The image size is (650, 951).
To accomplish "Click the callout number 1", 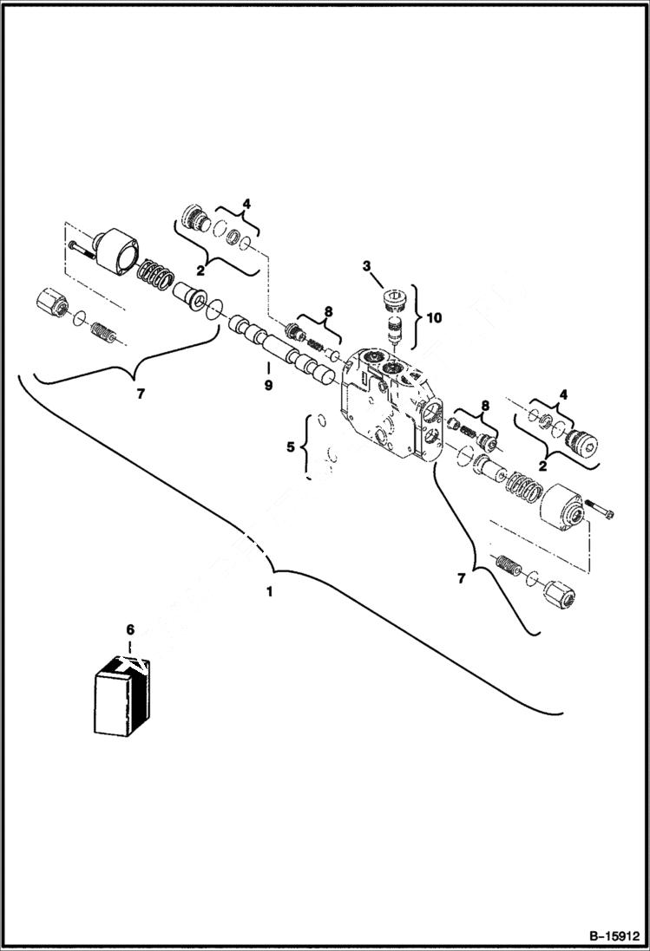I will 270,591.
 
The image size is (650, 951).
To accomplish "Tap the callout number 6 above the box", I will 130,630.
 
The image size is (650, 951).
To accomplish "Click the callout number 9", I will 268,385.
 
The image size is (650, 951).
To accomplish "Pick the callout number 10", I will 433,318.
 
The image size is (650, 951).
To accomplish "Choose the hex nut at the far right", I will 562,597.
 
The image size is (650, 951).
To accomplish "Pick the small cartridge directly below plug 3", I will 396,332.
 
